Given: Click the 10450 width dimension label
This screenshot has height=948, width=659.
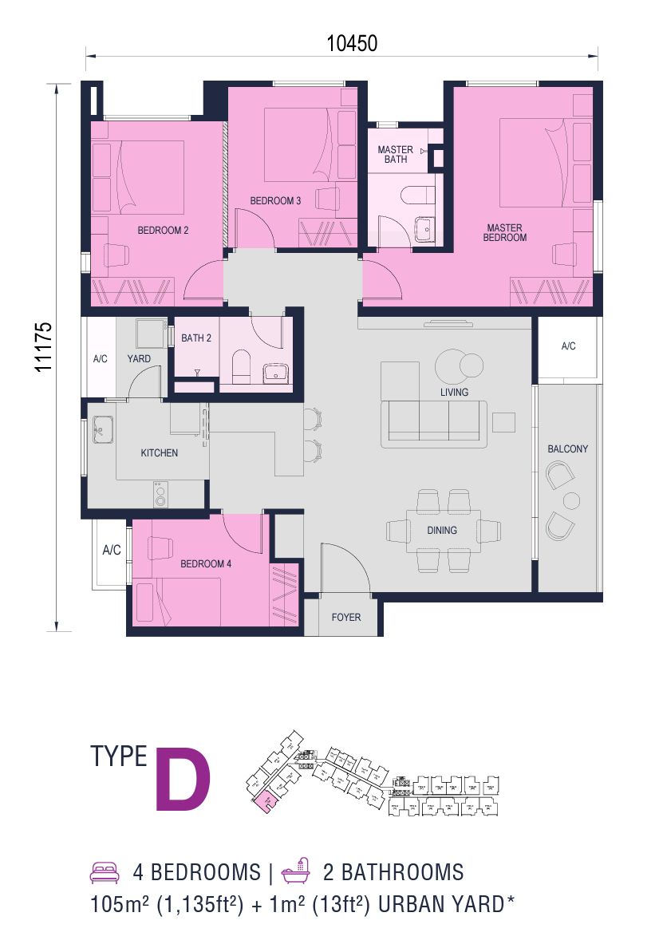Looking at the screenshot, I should [351, 44].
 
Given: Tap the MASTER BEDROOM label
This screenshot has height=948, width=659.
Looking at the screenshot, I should [507, 232].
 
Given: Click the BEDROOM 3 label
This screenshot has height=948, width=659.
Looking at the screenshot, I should [275, 201].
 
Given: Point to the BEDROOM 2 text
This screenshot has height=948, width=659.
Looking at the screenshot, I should [163, 230].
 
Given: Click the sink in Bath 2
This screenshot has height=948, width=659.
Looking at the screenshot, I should [275, 373].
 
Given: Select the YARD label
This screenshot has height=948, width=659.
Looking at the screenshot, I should [139, 359].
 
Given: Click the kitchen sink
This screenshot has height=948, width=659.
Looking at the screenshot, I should [102, 430].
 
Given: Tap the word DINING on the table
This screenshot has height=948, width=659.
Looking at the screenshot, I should [442, 530].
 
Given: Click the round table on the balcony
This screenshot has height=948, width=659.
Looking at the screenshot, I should [570, 501].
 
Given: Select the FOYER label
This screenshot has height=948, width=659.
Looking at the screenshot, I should [346, 617].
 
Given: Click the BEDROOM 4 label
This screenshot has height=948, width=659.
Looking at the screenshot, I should [206, 563].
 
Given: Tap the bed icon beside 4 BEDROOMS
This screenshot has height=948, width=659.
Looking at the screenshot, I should [105, 871].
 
